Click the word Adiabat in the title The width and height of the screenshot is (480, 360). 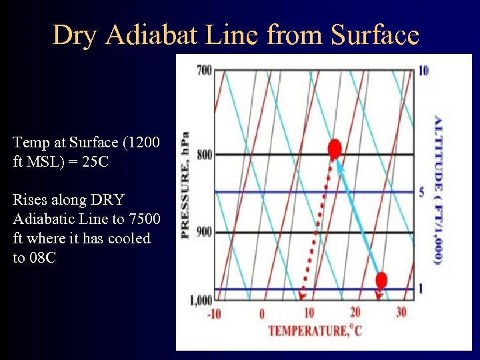[x=150, y=35]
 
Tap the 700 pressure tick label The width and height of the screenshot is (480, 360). [x=204, y=70]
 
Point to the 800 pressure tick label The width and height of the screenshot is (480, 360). [x=204, y=155]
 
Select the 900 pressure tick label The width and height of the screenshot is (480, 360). [x=204, y=232]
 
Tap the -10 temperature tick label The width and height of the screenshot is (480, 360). [x=214, y=313]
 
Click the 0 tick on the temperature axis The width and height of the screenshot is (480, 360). [x=262, y=313]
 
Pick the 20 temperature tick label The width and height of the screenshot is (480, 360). [x=355, y=313]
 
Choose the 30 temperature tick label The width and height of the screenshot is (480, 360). [x=401, y=313]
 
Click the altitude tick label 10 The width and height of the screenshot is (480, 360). [x=423, y=71]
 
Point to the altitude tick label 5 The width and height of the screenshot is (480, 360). [x=421, y=192]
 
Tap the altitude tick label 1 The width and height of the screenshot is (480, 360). [x=421, y=289]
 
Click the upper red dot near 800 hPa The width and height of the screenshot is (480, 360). [x=335, y=148]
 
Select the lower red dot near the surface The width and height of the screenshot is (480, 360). [x=381, y=279]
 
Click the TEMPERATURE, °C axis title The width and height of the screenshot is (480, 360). [x=315, y=330]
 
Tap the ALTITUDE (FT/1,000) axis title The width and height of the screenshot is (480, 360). [x=438, y=189]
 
